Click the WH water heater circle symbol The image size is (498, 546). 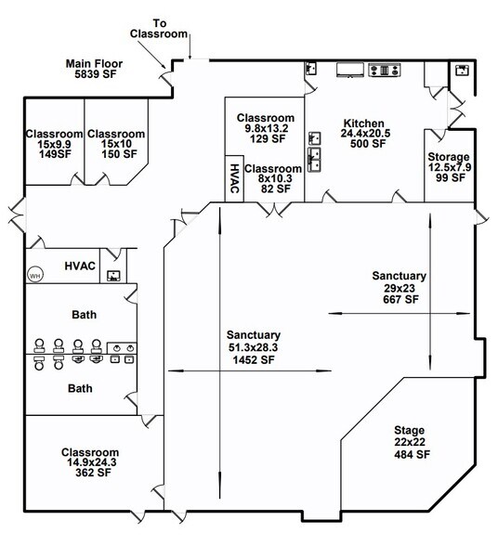click(x=35, y=275)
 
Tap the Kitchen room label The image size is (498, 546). click(x=362, y=123)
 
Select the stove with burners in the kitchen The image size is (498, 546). click(x=383, y=68)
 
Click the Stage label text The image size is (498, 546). click(x=409, y=431)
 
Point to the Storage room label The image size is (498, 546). click(x=448, y=157)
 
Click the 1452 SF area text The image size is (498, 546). click(x=253, y=360)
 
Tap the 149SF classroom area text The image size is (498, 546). click(x=55, y=156)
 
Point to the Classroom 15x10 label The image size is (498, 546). click(x=116, y=134)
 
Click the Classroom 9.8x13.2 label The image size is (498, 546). click(x=266, y=118)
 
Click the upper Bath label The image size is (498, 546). click(x=84, y=315)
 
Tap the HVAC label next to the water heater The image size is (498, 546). click(x=80, y=266)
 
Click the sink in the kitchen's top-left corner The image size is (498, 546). click(x=313, y=69)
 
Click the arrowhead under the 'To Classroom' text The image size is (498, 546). click(x=190, y=57)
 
